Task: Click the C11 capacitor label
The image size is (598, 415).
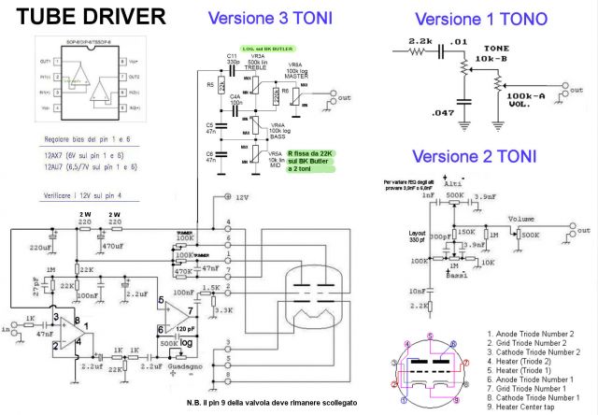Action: (x=232, y=58)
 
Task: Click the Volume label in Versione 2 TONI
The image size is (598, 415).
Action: (x=521, y=219)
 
